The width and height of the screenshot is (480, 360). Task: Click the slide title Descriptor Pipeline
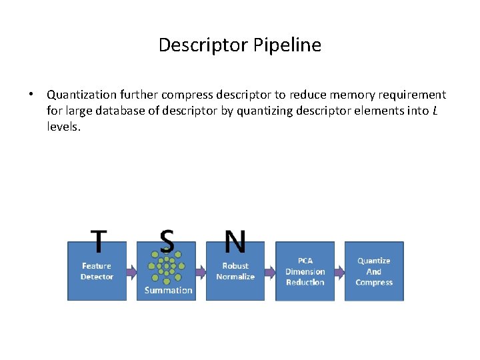coord(240,45)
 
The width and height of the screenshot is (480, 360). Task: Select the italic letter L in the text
coord(435,111)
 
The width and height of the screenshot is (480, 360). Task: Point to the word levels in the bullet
coord(63,127)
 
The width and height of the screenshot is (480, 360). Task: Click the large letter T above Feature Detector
coord(99,242)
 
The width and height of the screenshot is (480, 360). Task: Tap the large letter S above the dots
coord(167,242)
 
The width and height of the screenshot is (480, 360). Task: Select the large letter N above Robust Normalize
coord(235,242)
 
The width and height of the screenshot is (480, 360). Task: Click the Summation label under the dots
coord(168,291)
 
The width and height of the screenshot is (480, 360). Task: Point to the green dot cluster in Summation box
coord(166,267)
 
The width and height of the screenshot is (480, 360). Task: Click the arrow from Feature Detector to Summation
coord(131,271)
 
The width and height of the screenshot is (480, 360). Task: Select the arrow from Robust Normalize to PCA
coord(270,272)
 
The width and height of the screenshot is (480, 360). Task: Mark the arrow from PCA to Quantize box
coord(339,272)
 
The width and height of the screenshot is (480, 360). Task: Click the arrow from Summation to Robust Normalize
coord(201,272)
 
